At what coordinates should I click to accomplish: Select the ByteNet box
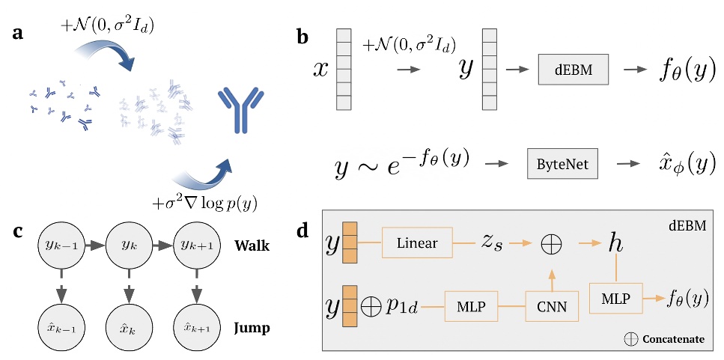click(562, 163)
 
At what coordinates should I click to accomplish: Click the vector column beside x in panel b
click(344, 69)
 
